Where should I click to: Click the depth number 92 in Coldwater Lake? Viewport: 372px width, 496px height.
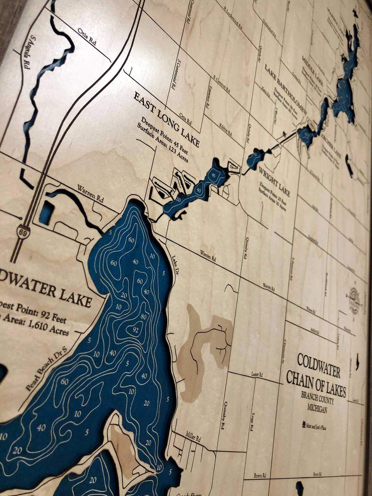click(x=136, y=330)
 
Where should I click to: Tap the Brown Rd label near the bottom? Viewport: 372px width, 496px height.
click(x=260, y=476)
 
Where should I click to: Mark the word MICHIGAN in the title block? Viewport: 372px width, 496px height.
click(x=317, y=407)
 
